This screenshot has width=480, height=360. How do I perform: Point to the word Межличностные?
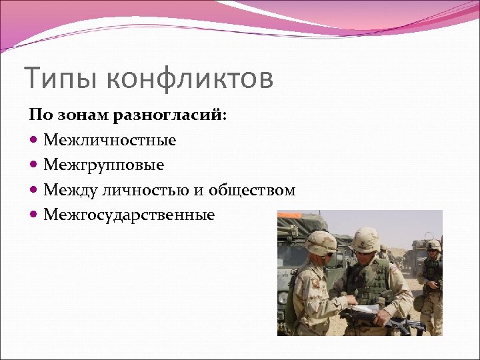[110, 140]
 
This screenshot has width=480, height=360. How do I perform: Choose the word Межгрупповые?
[104, 165]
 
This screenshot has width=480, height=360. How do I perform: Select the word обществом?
[252, 190]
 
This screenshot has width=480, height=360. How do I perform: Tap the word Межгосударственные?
[129, 215]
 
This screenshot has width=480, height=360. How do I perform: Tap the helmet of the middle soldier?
[365, 238]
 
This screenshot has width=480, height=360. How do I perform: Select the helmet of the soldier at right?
[433, 245]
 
